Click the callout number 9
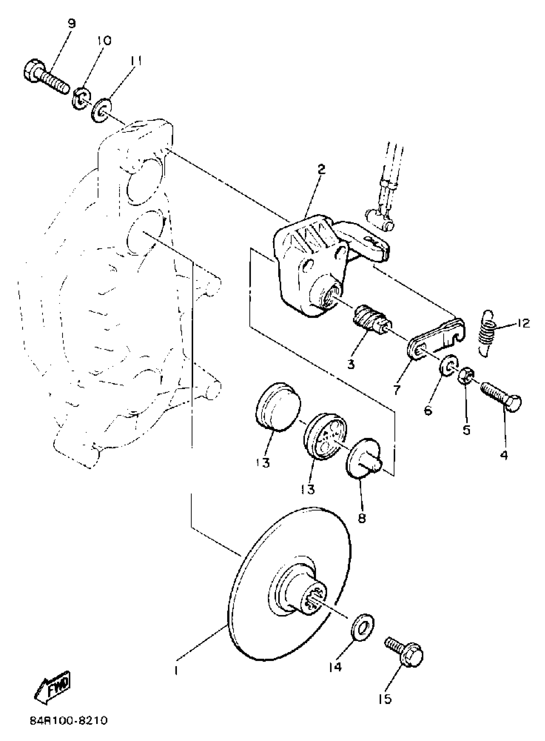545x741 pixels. click(x=71, y=24)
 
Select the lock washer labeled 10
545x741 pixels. click(x=80, y=98)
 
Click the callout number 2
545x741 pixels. click(x=320, y=170)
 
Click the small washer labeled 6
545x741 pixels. click(x=449, y=366)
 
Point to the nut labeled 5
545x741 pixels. click(x=466, y=375)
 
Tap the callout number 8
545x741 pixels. click(x=362, y=518)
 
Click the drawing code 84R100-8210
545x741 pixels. click(x=69, y=727)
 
